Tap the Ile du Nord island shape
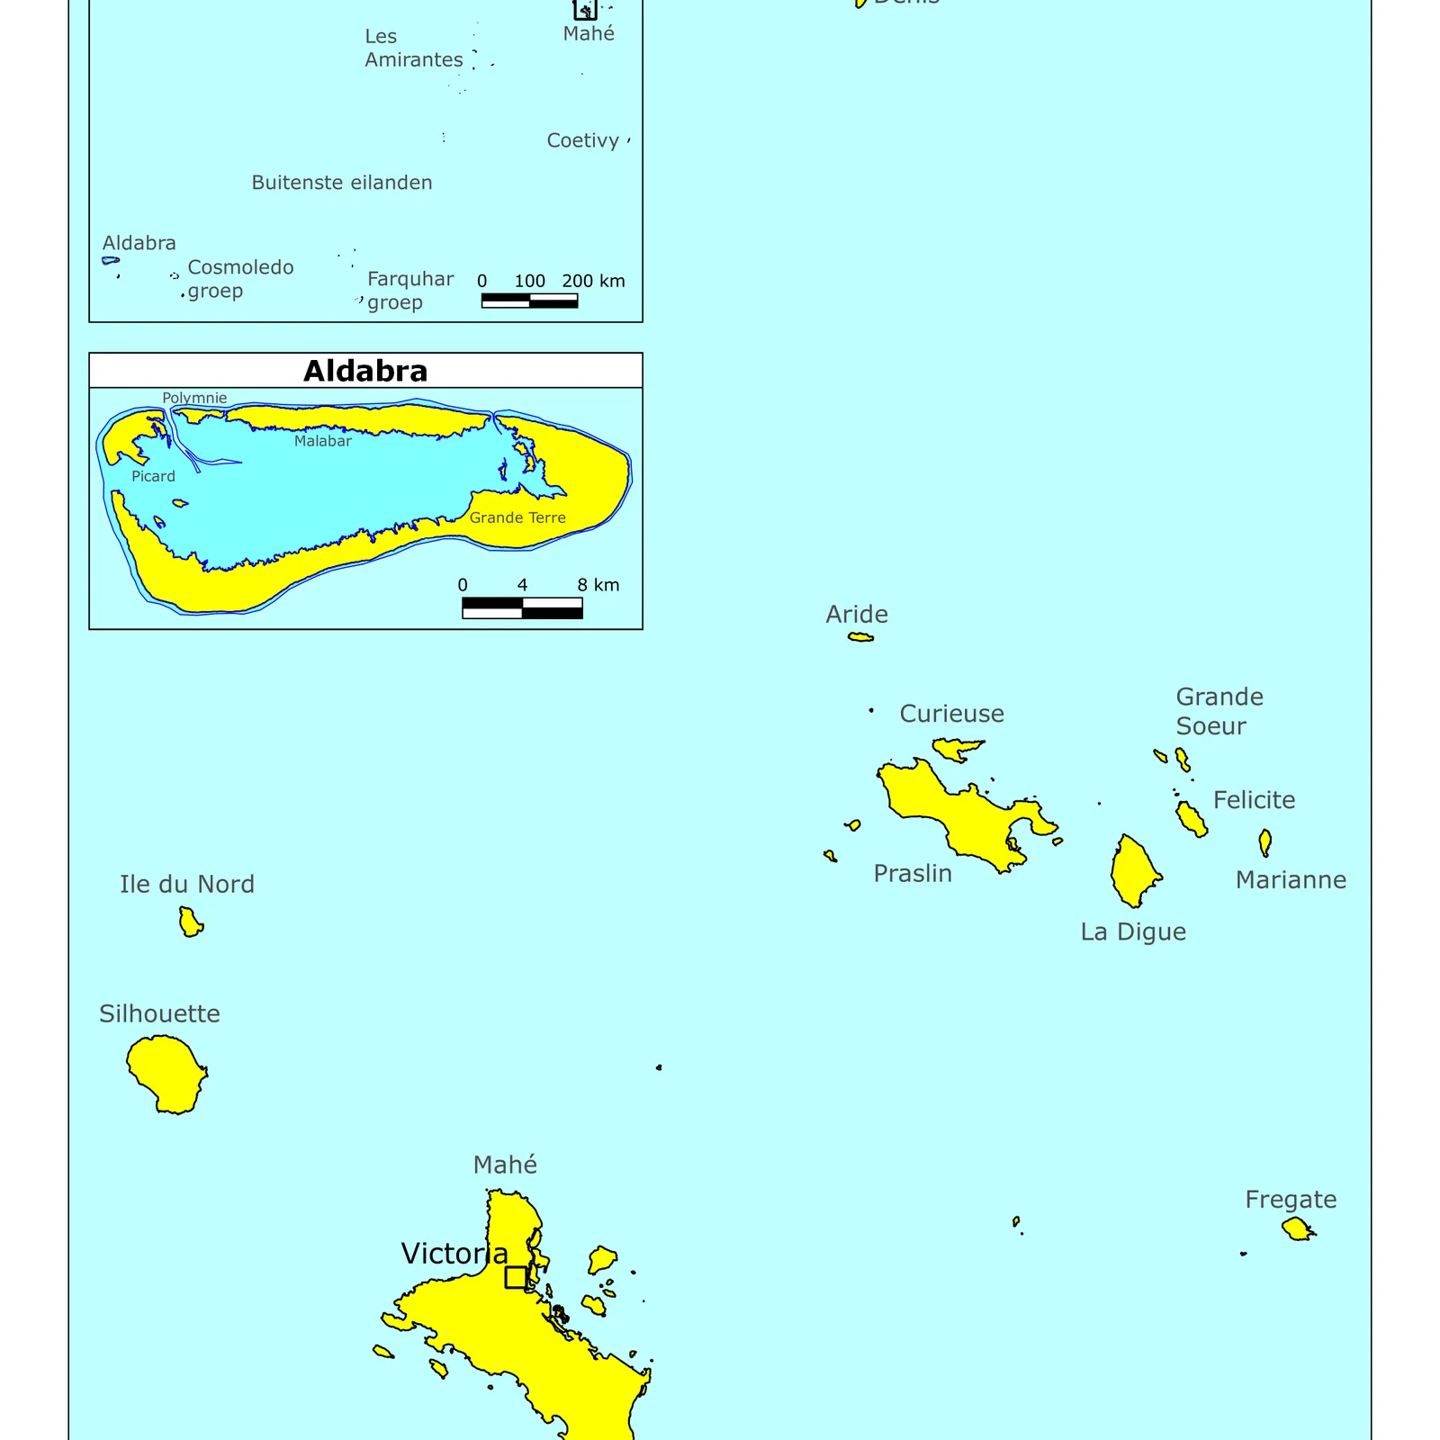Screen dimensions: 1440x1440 (x=190, y=922)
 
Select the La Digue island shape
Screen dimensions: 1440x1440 (x=1134, y=871)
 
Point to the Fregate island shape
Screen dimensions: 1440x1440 (x=1297, y=1228)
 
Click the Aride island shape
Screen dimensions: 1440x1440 (x=861, y=637)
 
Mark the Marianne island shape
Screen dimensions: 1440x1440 (x=1264, y=842)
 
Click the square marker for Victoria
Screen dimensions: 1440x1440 (x=516, y=1277)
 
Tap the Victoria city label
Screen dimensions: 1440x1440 (x=454, y=1253)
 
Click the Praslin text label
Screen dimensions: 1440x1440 (x=913, y=873)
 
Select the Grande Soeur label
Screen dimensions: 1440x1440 (x=1219, y=711)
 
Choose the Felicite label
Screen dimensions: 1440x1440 (x=1254, y=799)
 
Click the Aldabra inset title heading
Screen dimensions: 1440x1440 (x=365, y=371)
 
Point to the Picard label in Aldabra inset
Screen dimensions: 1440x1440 (x=153, y=476)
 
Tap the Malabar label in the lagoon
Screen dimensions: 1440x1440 (x=322, y=441)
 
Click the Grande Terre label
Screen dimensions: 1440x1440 (x=517, y=517)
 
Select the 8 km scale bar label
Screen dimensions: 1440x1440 (x=598, y=585)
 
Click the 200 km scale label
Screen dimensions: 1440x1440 (x=593, y=281)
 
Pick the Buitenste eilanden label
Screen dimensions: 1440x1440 (x=342, y=183)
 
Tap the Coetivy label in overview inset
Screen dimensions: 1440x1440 (x=582, y=140)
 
